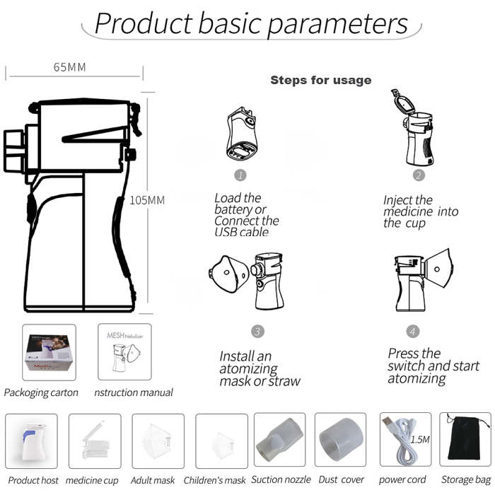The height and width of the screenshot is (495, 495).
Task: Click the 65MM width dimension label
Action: click(69, 67)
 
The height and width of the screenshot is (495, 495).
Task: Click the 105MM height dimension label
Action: click(147, 200)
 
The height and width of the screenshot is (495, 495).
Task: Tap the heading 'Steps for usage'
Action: click(320, 80)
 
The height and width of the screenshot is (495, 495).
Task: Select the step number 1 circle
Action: click(240, 174)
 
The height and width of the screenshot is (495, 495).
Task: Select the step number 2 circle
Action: click(419, 175)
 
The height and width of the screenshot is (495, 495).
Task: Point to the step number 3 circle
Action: click(257, 330)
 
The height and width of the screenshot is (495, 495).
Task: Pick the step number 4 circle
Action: click(413, 330)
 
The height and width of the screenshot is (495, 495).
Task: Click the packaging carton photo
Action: click(49, 352)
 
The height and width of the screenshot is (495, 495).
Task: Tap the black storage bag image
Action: click(465, 440)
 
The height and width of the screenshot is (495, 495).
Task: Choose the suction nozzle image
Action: click(280, 440)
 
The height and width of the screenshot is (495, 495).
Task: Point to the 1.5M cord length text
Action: click(419, 439)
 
